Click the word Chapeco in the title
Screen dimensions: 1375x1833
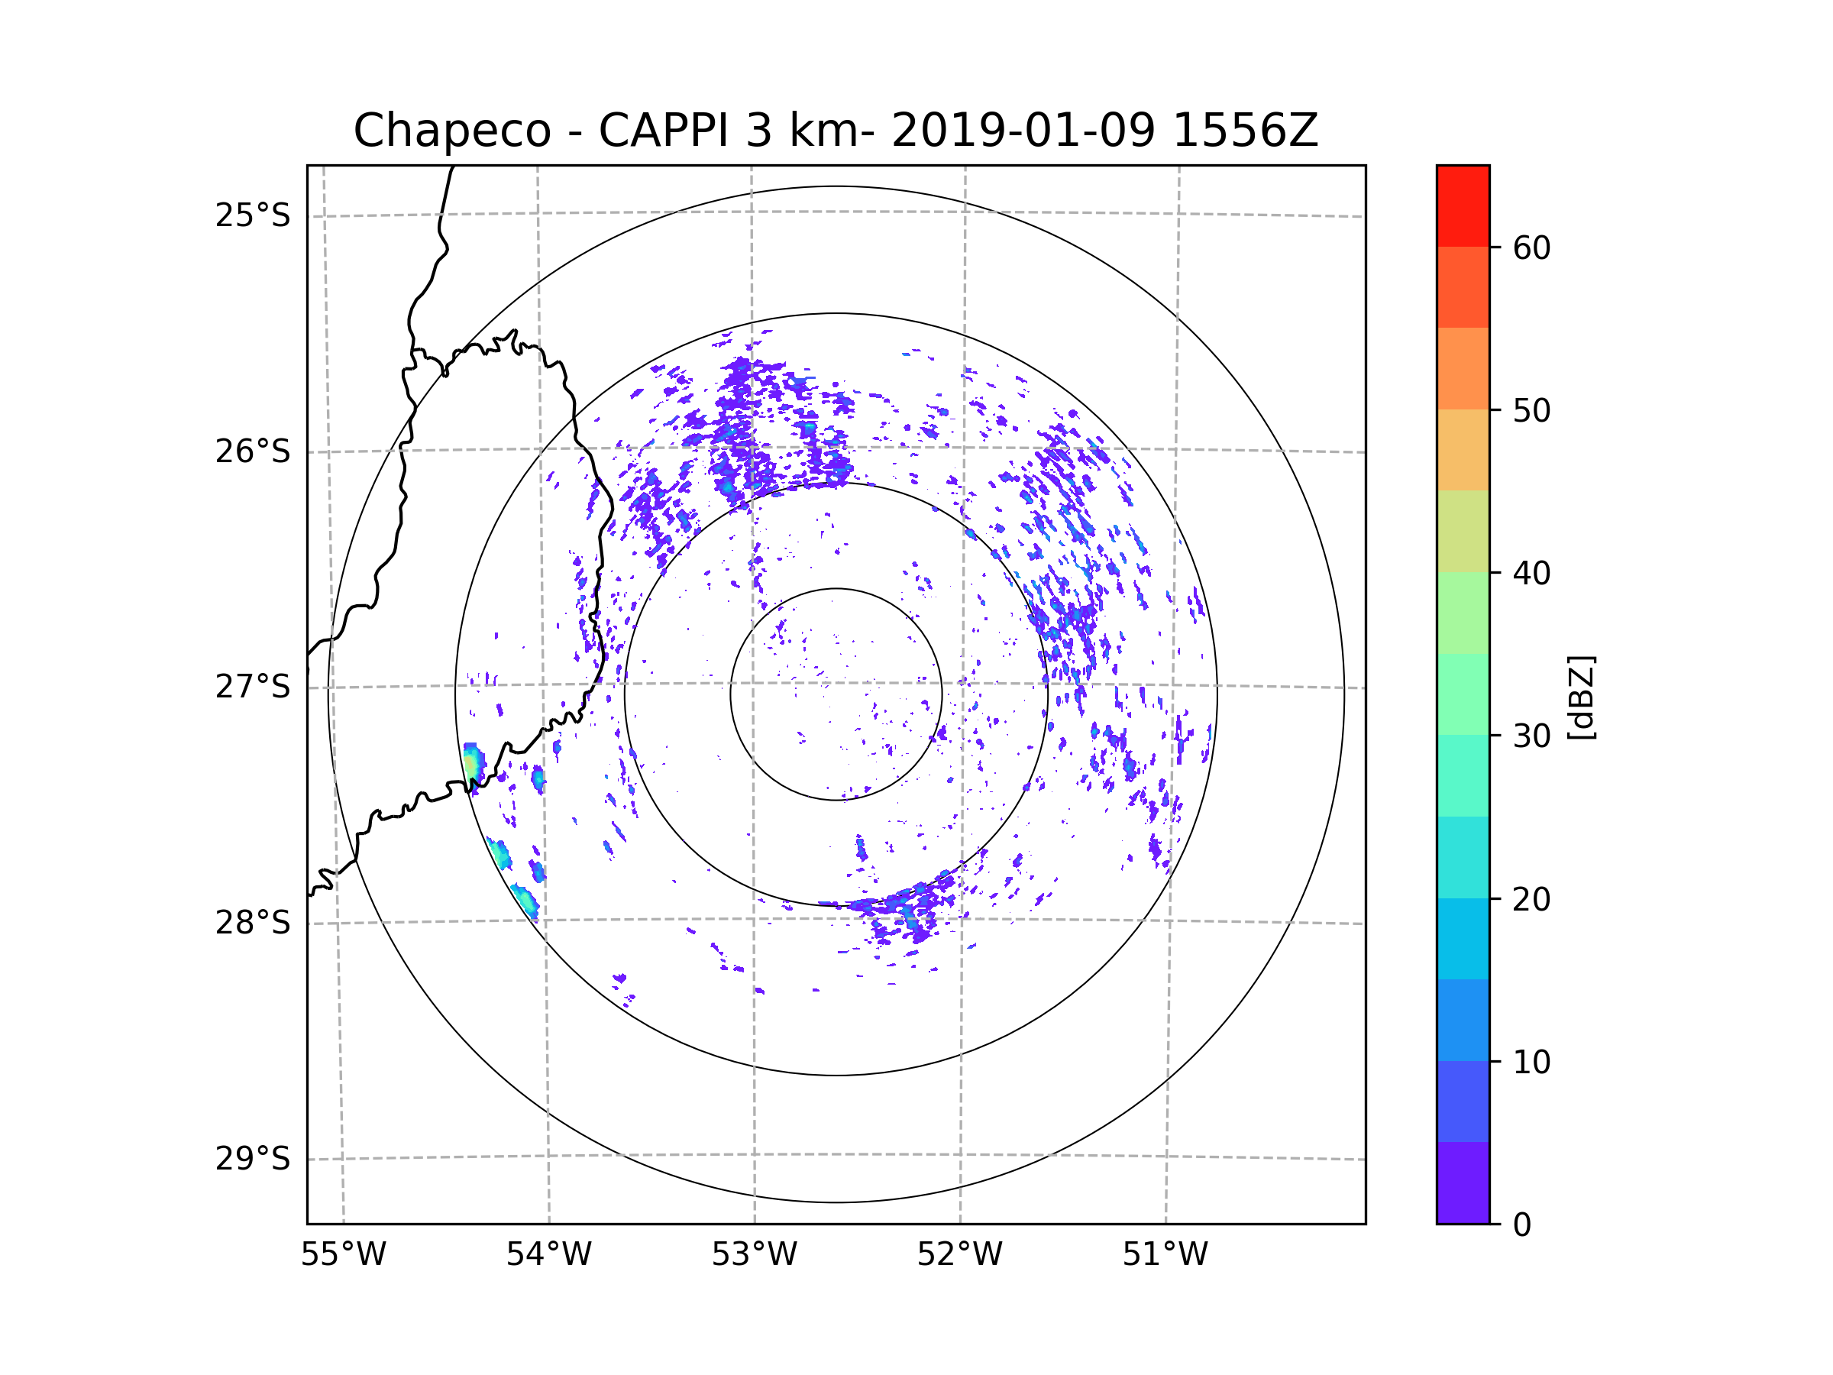pos(451,131)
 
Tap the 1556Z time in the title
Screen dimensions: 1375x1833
pos(1245,131)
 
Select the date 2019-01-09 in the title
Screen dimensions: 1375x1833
pos(1023,131)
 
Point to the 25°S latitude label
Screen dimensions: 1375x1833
pos(253,215)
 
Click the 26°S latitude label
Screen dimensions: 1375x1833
pos(253,451)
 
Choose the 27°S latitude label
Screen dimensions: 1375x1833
pos(253,687)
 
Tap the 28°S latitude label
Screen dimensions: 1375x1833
pos(253,923)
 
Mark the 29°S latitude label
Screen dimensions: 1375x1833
pos(253,1159)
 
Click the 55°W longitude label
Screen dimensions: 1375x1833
pos(343,1255)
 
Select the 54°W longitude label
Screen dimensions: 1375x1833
pos(548,1255)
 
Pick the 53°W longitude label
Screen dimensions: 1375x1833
pos(754,1255)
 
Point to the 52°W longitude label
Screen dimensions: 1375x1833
pos(959,1255)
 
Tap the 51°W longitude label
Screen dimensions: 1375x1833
pos(1165,1255)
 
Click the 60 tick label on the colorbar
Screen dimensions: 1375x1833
pos(1531,247)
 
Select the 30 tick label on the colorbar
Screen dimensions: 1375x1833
pos(1531,736)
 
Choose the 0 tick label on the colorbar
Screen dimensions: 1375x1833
pos(1522,1225)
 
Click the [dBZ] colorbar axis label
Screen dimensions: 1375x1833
pos(1581,697)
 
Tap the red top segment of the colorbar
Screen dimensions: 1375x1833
pos(1463,205)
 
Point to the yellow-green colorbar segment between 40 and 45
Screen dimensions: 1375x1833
pos(1463,531)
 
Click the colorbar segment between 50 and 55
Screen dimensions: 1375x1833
pos(1463,368)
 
